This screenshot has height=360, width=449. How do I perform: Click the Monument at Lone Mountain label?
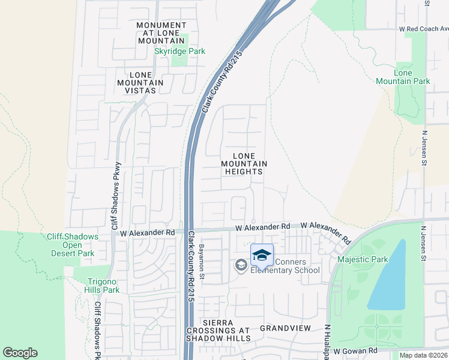(161, 33)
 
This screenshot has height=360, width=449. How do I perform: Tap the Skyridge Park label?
(179, 51)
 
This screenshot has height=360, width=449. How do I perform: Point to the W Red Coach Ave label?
(424, 28)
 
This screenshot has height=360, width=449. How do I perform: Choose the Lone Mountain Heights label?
(244, 163)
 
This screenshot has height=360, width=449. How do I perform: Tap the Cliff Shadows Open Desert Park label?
(73, 245)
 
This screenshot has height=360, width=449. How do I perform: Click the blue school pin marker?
(261, 256)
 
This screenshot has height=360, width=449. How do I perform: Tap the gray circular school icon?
(241, 265)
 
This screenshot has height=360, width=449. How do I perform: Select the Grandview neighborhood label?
(286, 328)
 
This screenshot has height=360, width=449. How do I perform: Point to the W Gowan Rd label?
(355, 350)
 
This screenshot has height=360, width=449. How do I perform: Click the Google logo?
(20, 353)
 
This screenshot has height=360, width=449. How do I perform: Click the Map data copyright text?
(424, 355)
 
